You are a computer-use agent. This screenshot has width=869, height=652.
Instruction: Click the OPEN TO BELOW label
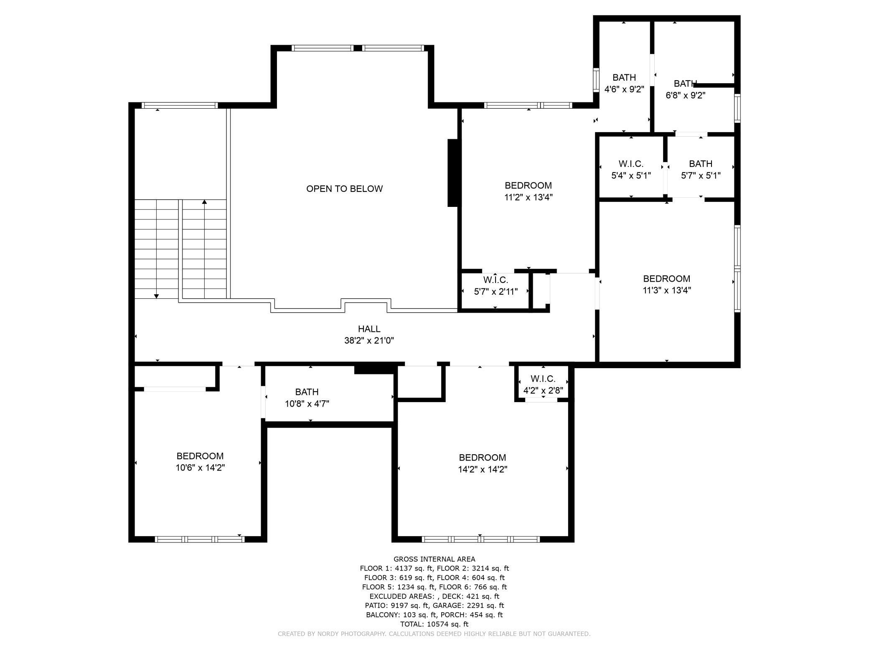point(344,188)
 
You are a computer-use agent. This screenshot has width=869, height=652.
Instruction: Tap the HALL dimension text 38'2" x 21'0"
point(369,341)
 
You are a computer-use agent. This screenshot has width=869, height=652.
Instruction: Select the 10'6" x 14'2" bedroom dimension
point(200,468)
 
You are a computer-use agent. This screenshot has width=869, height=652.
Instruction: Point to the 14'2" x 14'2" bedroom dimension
point(483,469)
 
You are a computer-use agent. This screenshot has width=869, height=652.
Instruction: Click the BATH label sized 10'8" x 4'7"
point(307,392)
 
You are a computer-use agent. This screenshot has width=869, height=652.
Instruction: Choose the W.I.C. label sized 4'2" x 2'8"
point(543,379)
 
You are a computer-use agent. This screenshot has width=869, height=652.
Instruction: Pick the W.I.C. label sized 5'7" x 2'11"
point(495,280)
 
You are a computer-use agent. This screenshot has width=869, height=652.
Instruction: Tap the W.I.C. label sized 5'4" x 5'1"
point(631,164)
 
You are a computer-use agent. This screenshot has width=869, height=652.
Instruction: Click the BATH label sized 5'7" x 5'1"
point(701,164)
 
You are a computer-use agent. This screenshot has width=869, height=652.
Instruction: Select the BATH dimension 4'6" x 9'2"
point(624,89)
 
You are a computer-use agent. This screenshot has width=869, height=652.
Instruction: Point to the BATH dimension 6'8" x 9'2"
point(685,95)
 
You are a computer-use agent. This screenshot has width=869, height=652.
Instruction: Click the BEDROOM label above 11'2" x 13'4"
point(528,186)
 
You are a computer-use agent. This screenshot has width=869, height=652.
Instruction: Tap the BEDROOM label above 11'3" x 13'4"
point(666,279)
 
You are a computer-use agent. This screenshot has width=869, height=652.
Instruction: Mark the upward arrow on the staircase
point(204,203)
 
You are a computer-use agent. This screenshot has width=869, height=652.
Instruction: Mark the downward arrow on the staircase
point(156,295)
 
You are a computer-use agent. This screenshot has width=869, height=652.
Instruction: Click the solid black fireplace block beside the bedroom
point(453,173)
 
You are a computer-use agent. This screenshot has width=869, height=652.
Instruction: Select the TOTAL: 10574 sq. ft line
point(434,624)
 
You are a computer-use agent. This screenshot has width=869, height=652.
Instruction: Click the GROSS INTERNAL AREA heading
point(434,559)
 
